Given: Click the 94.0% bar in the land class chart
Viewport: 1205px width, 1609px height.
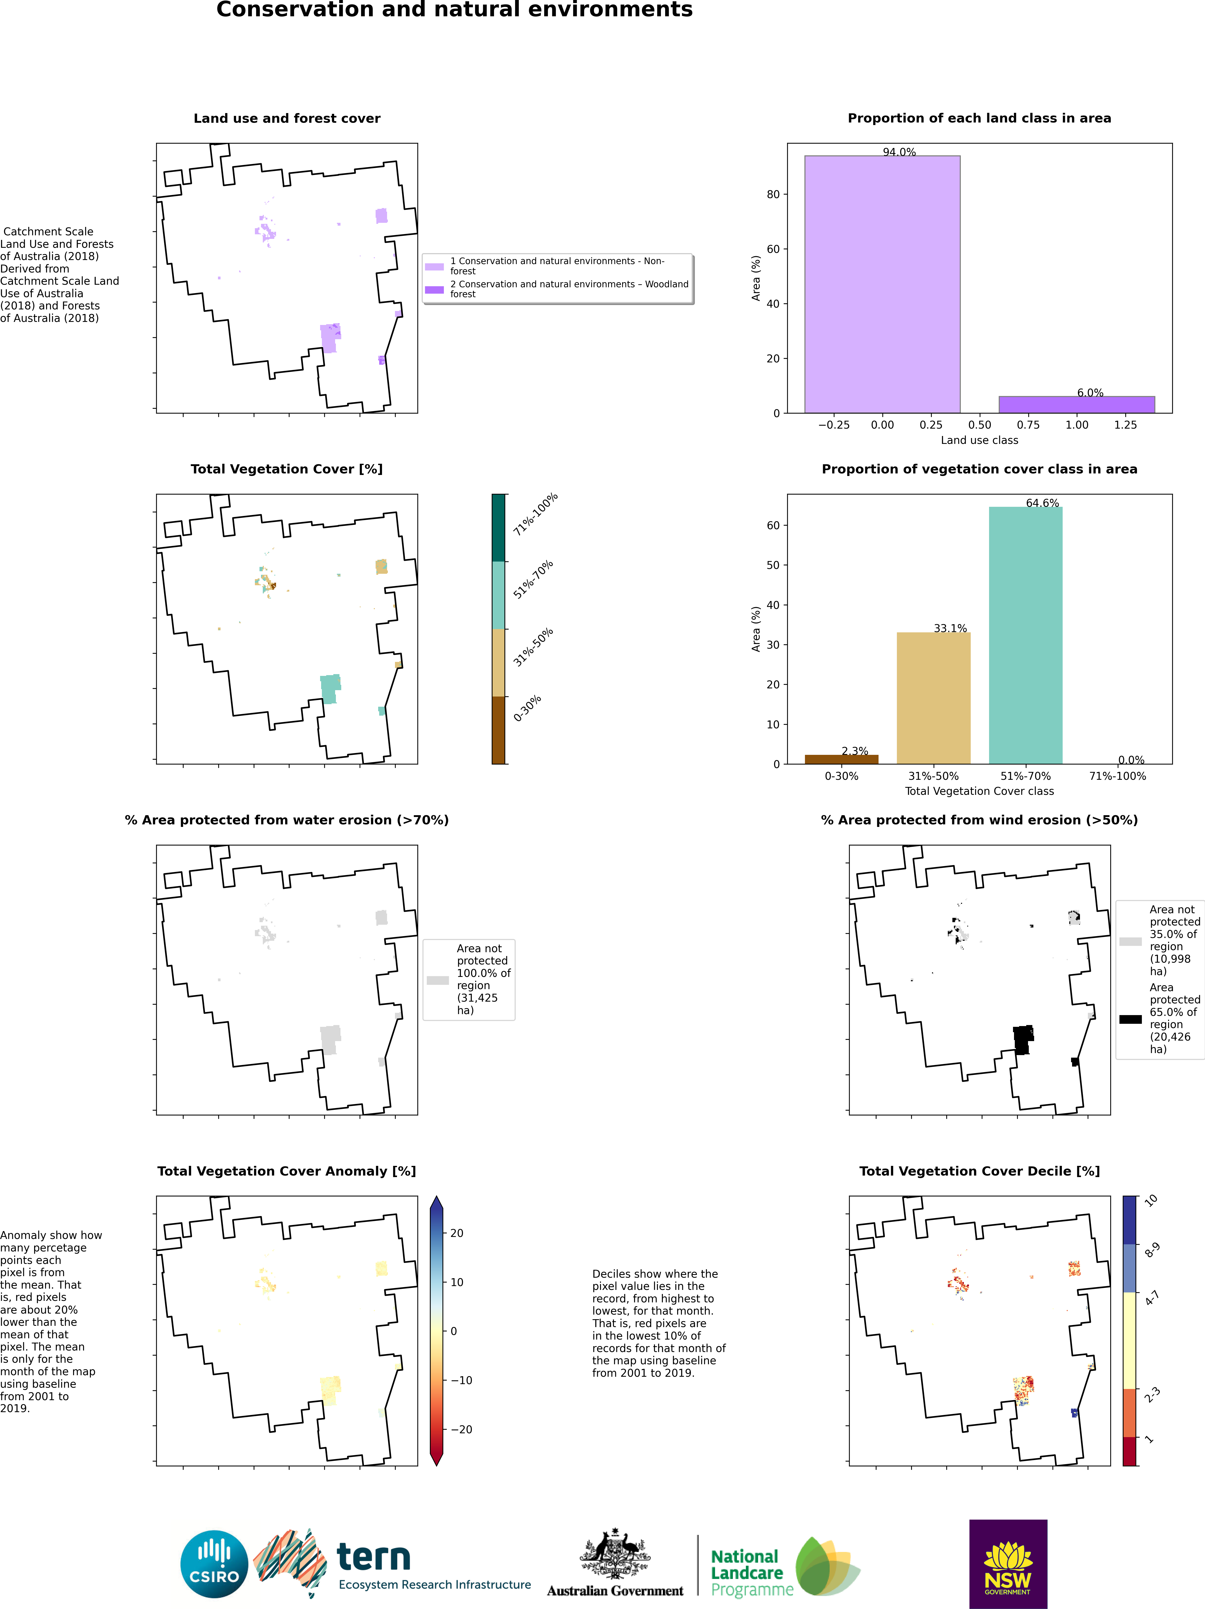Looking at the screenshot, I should [882, 284].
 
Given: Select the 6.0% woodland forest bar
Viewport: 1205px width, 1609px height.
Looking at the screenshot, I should [1076, 404].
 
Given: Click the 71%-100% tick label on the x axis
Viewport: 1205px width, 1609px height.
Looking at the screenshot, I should [1117, 776].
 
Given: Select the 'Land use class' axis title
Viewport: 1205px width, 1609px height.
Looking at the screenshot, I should [979, 440].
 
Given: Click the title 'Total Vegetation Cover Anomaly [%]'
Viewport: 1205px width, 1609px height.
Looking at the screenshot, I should [286, 1171].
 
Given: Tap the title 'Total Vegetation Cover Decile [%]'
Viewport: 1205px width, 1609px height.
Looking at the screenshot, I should [979, 1171].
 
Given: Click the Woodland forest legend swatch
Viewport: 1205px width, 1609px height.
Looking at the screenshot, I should [434, 290].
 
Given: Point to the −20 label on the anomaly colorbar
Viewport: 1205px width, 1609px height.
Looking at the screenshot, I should [461, 1429].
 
